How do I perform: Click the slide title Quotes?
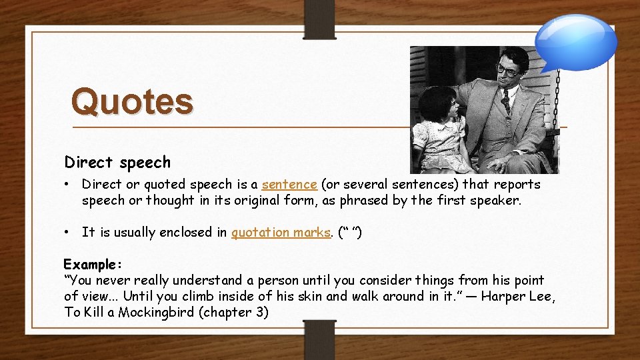coord(132,102)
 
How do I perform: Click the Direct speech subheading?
coord(117,162)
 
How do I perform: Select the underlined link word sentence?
coord(289,184)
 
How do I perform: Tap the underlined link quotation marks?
coord(281,232)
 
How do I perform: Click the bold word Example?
coord(90,264)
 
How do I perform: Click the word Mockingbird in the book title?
coord(158,312)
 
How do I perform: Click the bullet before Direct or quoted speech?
coord(68,184)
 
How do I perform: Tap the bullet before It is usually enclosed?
coord(68,232)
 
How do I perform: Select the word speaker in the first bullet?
coord(495,200)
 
